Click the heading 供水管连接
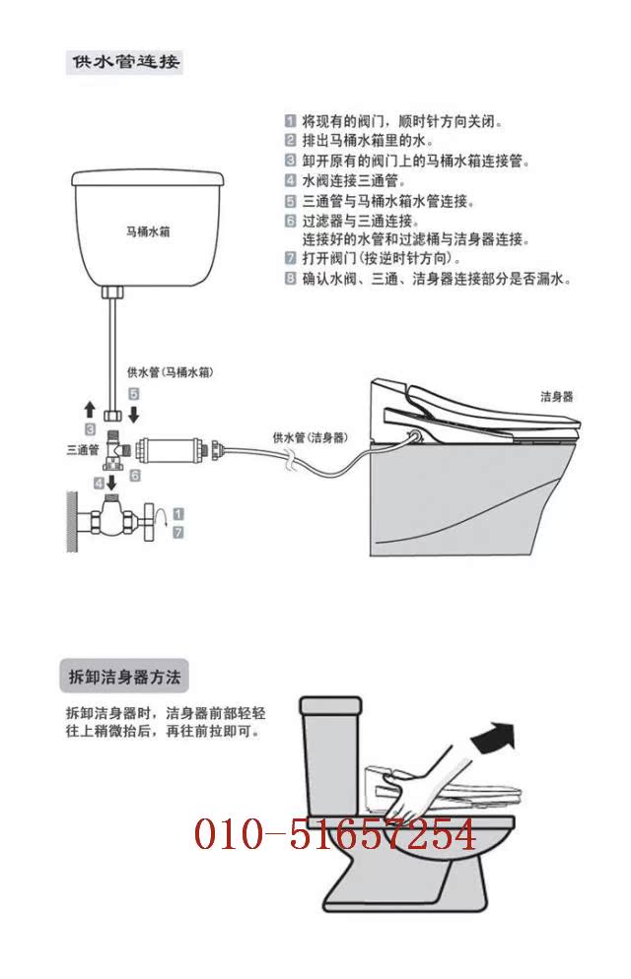(x=124, y=61)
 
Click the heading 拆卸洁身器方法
(x=123, y=678)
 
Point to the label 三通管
(x=83, y=449)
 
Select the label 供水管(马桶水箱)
(x=171, y=373)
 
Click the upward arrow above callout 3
(x=90, y=409)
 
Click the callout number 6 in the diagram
(x=135, y=474)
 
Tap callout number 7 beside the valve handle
(x=177, y=532)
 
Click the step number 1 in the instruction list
(x=291, y=122)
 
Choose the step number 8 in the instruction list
(x=291, y=279)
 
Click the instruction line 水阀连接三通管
(x=348, y=181)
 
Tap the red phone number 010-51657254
(x=335, y=835)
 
